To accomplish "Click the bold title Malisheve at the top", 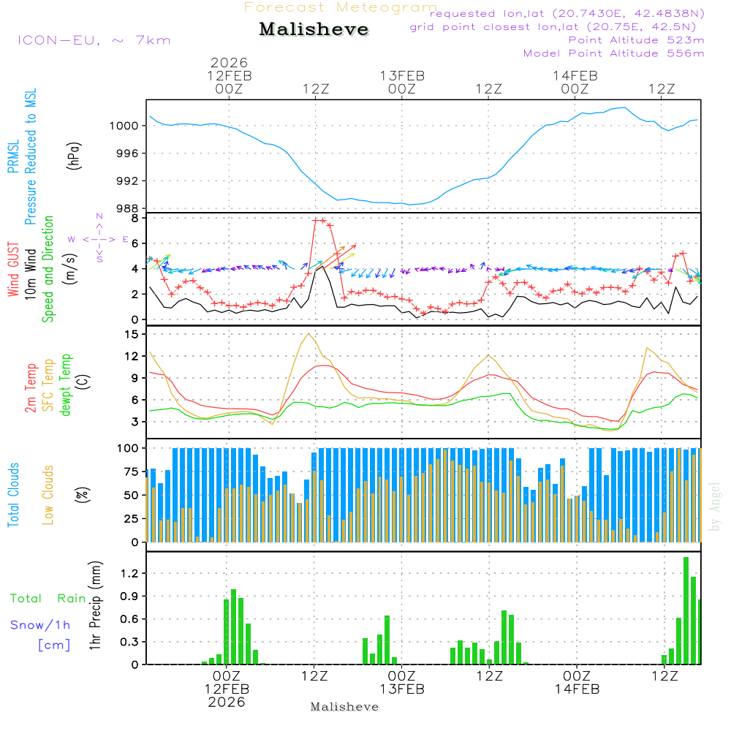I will [314, 30].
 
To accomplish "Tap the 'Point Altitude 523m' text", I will [636, 40].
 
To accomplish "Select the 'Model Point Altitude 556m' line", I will [614, 53].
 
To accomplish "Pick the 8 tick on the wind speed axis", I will [135, 218].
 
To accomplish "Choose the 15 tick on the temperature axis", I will [132, 334].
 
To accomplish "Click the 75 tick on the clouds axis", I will [132, 471].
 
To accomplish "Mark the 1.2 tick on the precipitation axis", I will [130, 573].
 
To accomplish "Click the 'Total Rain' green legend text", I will [48, 599].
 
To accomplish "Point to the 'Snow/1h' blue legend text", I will [41, 625].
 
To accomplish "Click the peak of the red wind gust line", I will [319, 219].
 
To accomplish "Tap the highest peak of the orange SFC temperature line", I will [308, 334].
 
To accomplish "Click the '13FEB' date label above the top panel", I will [402, 75].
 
